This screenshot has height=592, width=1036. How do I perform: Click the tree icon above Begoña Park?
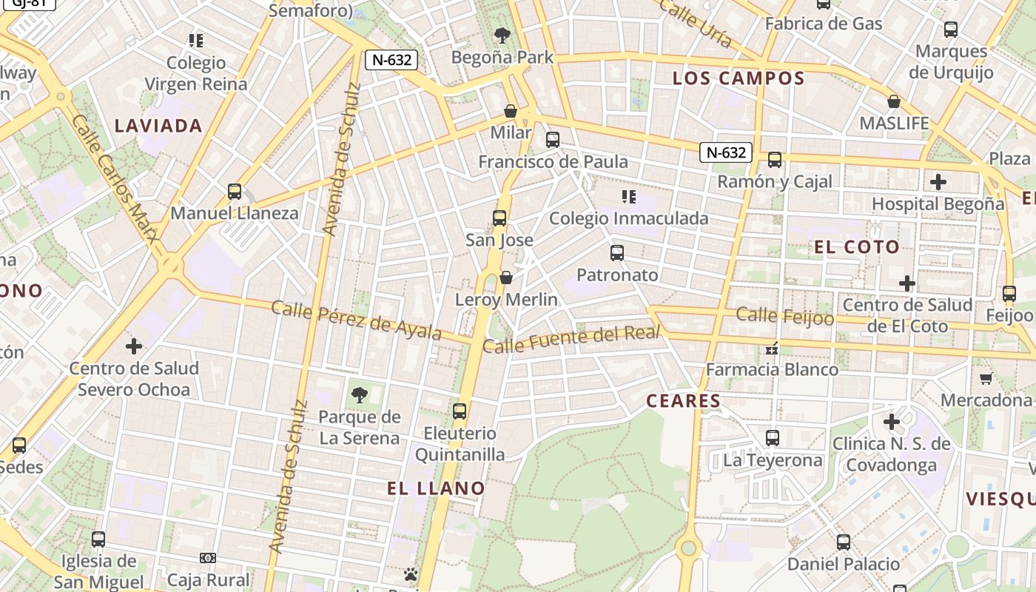502,35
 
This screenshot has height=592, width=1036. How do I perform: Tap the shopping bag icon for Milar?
511,111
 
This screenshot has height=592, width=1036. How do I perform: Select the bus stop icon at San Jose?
499,218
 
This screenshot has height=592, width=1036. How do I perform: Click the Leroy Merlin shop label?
506,300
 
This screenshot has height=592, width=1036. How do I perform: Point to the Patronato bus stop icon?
617,253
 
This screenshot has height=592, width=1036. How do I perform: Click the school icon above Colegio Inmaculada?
629,196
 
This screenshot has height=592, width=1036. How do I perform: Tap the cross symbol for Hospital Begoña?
938,181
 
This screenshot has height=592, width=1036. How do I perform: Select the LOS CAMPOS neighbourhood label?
738,78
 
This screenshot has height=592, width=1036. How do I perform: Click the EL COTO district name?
857,247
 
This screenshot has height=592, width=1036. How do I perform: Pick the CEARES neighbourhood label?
683,401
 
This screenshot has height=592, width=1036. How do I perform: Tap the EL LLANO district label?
436,488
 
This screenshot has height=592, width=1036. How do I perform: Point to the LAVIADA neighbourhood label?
158,126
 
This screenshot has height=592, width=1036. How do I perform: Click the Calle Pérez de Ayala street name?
356,320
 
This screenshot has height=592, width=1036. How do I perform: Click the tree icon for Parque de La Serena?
360,395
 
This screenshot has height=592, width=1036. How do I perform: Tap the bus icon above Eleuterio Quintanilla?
460,411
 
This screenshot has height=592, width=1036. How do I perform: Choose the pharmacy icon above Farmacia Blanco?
772,348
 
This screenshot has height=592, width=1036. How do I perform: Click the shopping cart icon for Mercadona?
986,379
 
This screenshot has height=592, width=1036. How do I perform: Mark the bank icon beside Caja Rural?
208,558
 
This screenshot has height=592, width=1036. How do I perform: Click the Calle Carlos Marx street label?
115,178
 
